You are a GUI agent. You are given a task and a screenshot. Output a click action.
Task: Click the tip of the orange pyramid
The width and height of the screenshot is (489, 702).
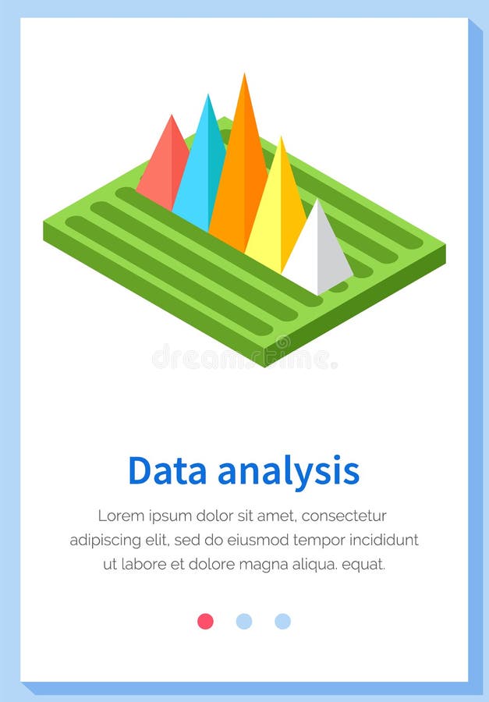[x=245, y=76]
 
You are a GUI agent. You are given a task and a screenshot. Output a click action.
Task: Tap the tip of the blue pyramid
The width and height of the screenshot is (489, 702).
[x=207, y=96]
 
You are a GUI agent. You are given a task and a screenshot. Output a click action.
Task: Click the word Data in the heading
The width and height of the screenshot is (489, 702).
[x=167, y=471]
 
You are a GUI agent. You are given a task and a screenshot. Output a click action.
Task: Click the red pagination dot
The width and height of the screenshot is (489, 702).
[x=205, y=621]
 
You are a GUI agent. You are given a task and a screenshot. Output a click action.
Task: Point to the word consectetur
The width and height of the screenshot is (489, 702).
[x=345, y=516]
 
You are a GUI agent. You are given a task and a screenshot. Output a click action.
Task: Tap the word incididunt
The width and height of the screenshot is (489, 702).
[x=383, y=540]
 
